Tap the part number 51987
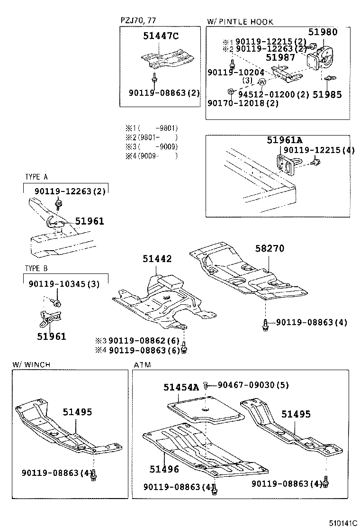click(280, 58)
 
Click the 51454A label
click(181, 387)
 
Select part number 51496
click(164, 469)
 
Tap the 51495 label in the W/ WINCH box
click(77, 412)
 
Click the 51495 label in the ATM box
click(296, 414)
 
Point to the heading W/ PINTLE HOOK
click(240, 22)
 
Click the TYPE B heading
click(36, 268)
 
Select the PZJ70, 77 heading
click(138, 20)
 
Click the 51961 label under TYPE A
click(89, 221)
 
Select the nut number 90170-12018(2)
click(243, 103)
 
